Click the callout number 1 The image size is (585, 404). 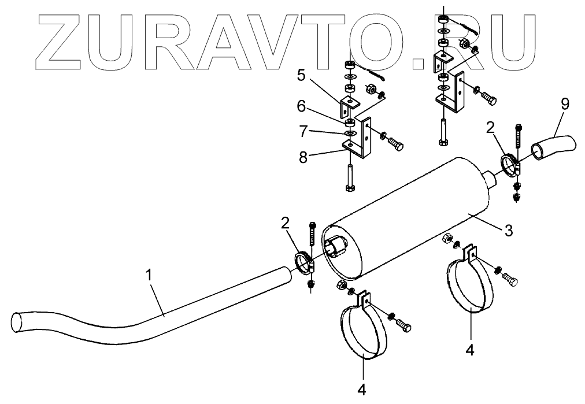click(149, 275)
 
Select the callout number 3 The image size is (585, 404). click(509, 230)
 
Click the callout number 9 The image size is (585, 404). click(565, 104)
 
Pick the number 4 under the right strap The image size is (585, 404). click(470, 350)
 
